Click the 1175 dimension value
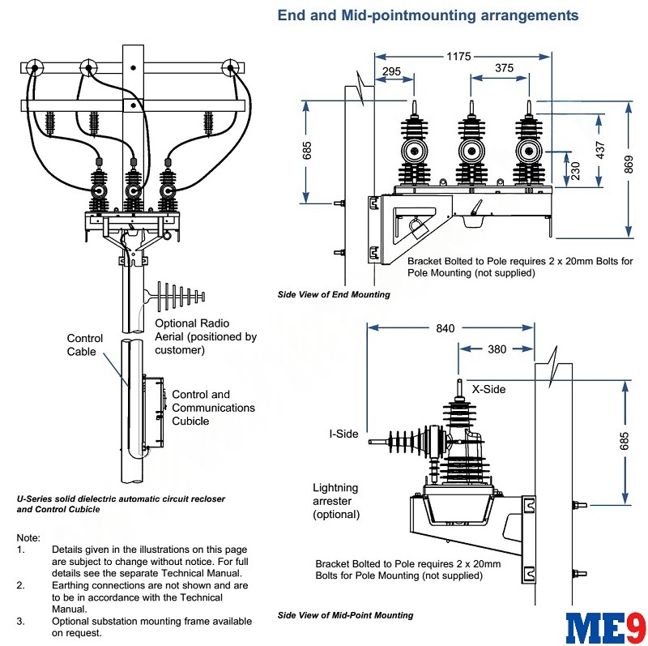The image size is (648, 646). pos(458,56)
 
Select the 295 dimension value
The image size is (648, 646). pos(391,71)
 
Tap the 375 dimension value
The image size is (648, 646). pos(504,68)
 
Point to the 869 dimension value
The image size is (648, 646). pos(629,165)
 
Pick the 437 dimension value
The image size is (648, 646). pos(600,150)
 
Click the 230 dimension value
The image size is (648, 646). pos(575,170)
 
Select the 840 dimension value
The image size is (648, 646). pos(445,328)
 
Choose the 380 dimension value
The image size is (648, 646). pos(497,349)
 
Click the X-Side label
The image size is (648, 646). pos(488,389)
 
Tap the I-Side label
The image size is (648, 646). pos(343,434)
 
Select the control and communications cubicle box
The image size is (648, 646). pos(153,412)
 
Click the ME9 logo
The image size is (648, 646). pos(605,628)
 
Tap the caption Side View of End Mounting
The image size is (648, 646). pos(334,294)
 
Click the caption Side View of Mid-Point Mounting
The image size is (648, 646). pos(346,615)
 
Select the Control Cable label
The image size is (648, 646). pos(85,345)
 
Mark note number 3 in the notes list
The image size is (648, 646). pos(20,621)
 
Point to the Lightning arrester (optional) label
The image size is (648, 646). pos(336,501)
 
